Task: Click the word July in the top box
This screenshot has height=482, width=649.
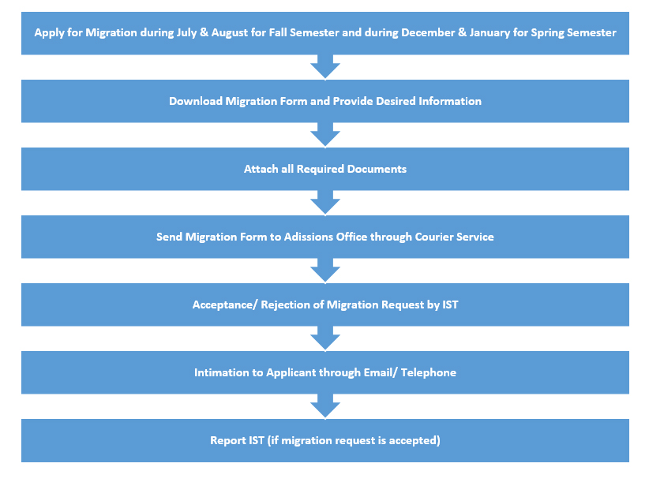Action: (x=186, y=33)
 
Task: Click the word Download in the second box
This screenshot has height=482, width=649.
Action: (x=196, y=101)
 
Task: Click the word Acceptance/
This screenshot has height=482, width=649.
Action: (x=225, y=305)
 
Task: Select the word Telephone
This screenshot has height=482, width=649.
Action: (x=429, y=373)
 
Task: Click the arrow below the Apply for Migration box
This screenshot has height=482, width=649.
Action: (x=325, y=67)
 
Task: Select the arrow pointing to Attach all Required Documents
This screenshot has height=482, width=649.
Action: (x=325, y=135)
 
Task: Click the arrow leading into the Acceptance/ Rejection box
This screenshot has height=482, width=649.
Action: (x=325, y=271)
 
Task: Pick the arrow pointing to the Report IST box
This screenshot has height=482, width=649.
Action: (x=325, y=406)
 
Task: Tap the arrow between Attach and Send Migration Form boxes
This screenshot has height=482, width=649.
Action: (x=325, y=203)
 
